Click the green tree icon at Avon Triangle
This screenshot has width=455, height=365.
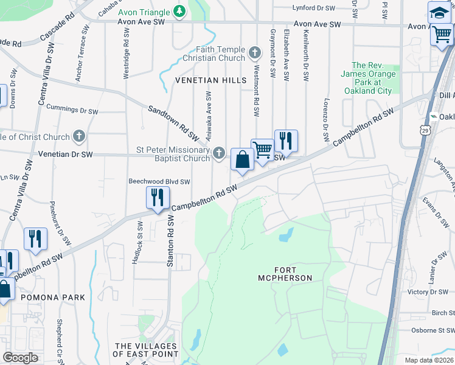click(x=179, y=11)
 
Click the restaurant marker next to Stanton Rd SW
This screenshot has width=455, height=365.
click(x=157, y=198)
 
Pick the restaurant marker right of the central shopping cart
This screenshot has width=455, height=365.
click(x=286, y=141)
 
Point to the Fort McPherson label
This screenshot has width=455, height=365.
click(x=285, y=273)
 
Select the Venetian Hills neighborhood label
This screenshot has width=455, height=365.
click(x=211, y=80)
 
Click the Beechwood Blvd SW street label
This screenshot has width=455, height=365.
click(x=159, y=181)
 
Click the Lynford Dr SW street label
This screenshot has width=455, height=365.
click(x=314, y=8)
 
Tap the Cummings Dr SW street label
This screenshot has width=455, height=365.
click(x=72, y=111)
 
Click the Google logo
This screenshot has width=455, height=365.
click(x=21, y=357)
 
